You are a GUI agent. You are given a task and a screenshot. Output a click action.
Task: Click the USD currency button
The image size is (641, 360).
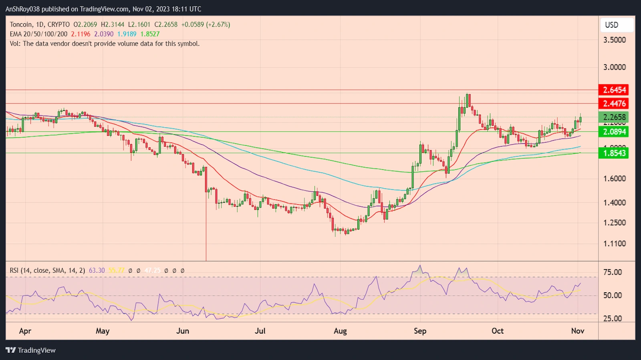611,25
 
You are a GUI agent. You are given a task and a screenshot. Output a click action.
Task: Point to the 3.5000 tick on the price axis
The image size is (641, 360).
614,40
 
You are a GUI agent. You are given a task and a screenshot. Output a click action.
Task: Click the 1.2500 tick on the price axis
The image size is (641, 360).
614,223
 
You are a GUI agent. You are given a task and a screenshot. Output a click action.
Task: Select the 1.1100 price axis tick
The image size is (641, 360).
614,243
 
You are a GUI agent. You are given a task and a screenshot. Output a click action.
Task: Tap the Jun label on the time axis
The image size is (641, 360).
183,331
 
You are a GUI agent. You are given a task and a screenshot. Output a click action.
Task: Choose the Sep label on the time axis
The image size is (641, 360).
420,331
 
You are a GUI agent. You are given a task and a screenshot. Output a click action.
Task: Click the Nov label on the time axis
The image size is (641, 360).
577,331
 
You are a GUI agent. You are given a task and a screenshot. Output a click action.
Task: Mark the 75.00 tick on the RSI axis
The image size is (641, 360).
613,272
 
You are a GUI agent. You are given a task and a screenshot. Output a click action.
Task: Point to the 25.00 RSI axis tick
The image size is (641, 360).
613,319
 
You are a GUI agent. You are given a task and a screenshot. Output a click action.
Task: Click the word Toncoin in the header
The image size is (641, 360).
21,24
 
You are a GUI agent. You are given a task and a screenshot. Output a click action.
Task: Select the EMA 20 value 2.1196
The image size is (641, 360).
81,34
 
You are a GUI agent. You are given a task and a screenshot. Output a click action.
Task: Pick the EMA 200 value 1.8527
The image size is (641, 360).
150,34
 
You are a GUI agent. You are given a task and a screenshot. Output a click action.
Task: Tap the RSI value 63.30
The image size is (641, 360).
97,271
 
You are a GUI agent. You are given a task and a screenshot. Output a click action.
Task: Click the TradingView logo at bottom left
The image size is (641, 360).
30,350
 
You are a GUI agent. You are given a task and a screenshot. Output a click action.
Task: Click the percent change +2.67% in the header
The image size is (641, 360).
218,24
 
